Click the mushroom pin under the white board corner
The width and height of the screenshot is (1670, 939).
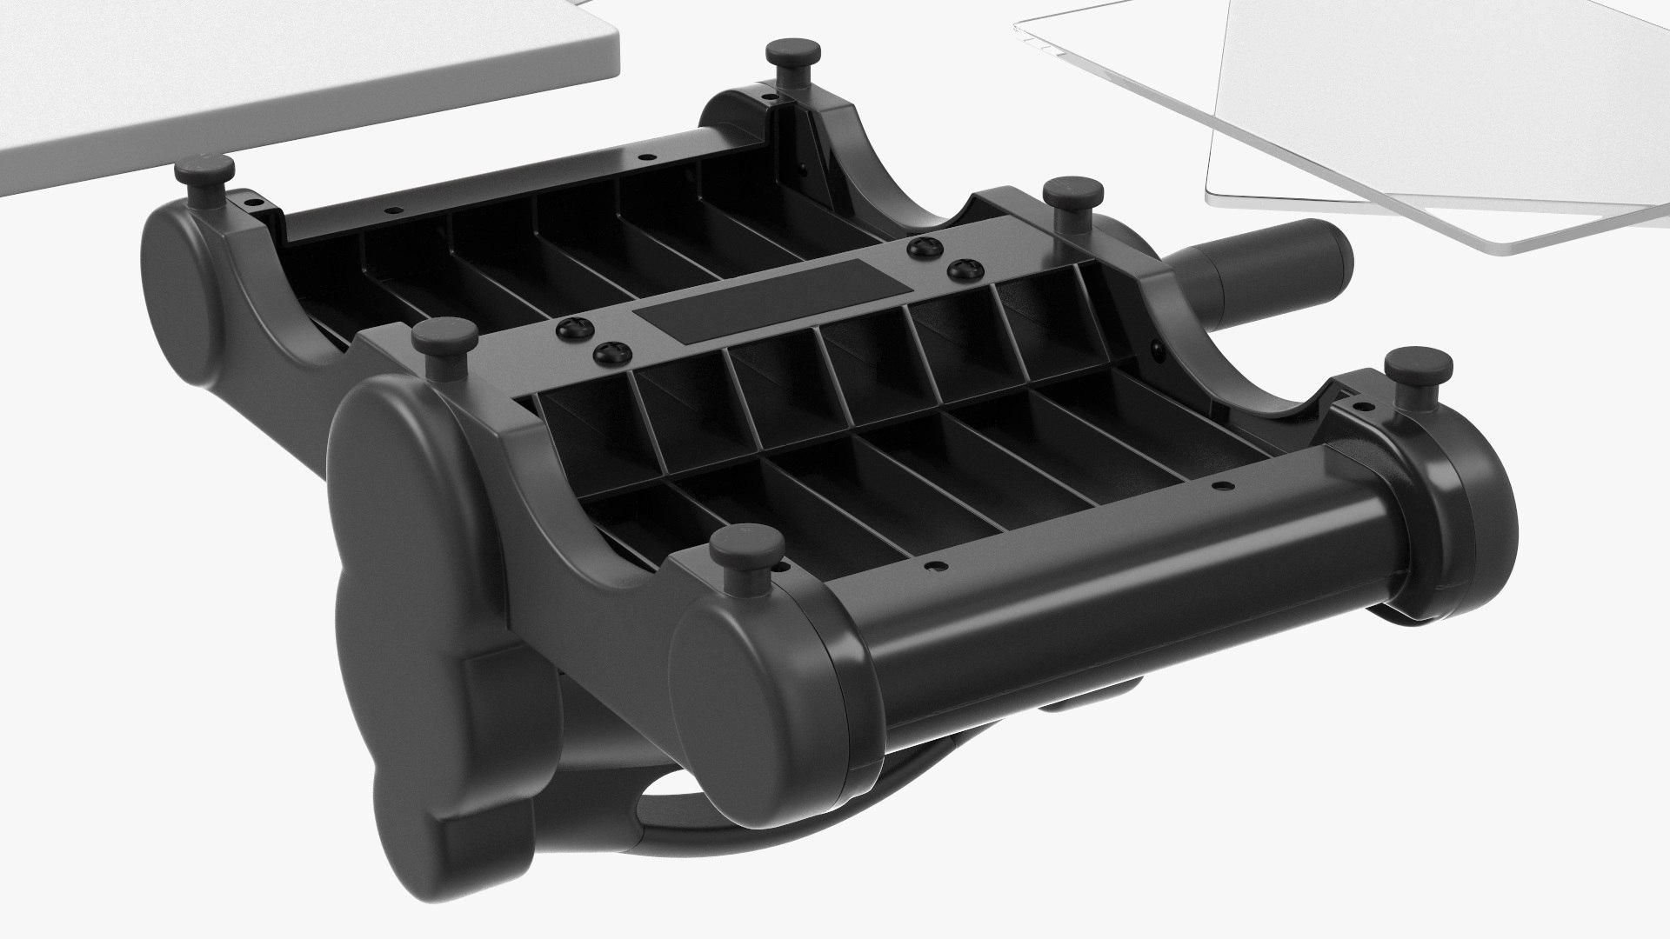point(202,173)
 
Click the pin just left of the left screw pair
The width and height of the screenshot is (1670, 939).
point(444,336)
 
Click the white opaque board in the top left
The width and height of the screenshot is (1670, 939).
point(296,78)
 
